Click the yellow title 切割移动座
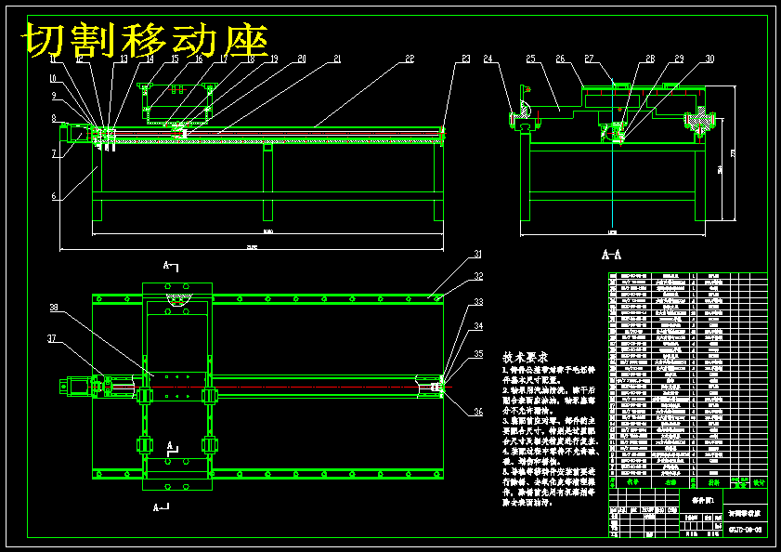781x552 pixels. pos(146,41)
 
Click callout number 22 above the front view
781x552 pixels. pos(410,59)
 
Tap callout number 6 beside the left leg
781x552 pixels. pos(54,196)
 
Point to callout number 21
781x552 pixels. pos(337,59)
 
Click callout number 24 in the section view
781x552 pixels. pos(488,59)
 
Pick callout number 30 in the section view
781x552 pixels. pos(709,59)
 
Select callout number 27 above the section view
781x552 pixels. pos(590,59)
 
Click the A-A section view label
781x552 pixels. pos(611,254)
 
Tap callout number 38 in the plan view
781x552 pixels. pos(54,308)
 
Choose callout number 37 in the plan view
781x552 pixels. pos(53,338)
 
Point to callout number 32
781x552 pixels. pos(478,277)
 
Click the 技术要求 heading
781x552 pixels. pos(526,357)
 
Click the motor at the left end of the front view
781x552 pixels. pos(79,135)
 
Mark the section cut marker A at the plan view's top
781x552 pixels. pos(169,266)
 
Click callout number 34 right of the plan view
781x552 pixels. pos(478,326)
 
